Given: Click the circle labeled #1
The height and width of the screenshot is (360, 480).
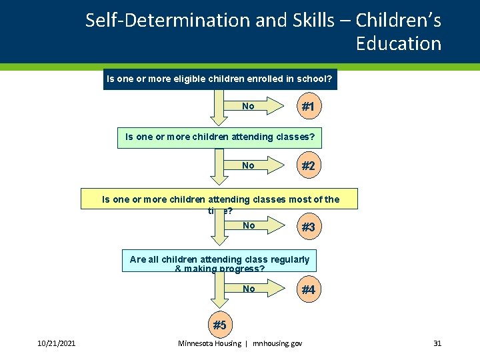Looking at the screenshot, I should [x=308, y=107].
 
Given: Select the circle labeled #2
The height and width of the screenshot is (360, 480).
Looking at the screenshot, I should [x=308, y=166].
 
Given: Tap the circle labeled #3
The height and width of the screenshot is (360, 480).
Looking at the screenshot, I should [x=308, y=227].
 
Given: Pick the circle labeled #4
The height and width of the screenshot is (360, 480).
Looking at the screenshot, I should [x=308, y=290].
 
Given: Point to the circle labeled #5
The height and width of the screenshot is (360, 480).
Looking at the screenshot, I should [x=219, y=325].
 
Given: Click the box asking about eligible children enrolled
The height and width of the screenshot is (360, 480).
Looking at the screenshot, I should [x=220, y=79].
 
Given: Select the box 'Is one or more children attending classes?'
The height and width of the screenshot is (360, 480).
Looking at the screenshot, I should [x=219, y=137].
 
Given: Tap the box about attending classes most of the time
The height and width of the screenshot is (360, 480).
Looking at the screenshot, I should [x=219, y=199].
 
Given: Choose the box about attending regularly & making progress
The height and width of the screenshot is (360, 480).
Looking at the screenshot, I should [x=219, y=261].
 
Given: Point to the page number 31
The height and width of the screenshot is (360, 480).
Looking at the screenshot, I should [x=437, y=343].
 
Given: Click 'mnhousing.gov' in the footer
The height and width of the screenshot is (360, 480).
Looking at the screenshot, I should [x=277, y=343].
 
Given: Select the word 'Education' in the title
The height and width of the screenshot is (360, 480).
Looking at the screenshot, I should [x=398, y=44].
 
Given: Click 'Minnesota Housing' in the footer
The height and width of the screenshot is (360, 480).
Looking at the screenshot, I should [x=209, y=343].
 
